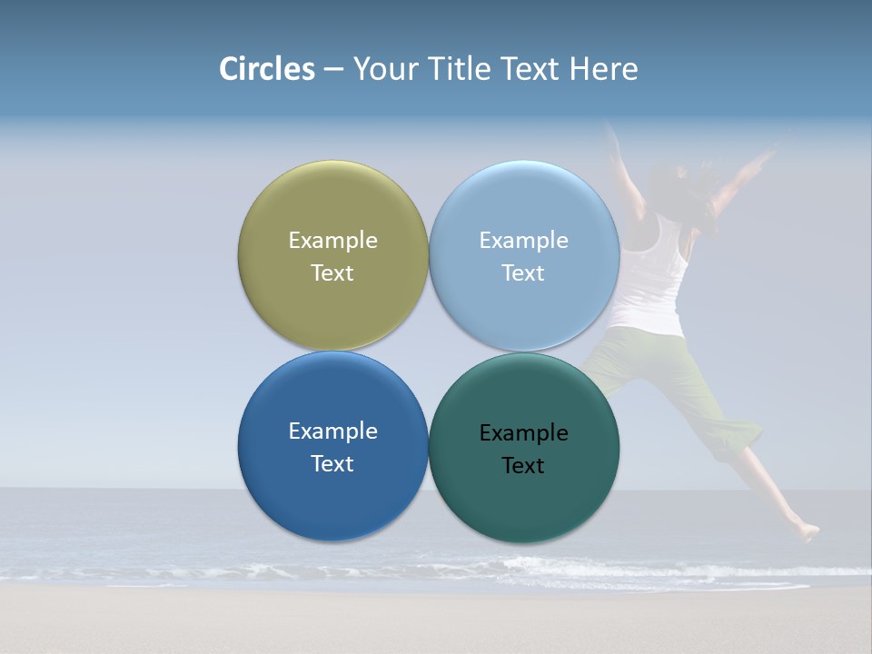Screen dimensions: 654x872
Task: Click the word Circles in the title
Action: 266,69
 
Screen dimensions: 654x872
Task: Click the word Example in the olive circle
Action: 332,241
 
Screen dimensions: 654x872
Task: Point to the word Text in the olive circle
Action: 332,273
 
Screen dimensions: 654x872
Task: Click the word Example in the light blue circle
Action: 523,241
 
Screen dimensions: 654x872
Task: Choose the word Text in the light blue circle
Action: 523,273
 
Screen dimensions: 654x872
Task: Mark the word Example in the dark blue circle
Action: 332,431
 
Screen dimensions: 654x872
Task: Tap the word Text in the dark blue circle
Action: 332,464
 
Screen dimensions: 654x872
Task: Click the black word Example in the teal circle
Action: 523,433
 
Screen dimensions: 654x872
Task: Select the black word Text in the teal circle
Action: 523,466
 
